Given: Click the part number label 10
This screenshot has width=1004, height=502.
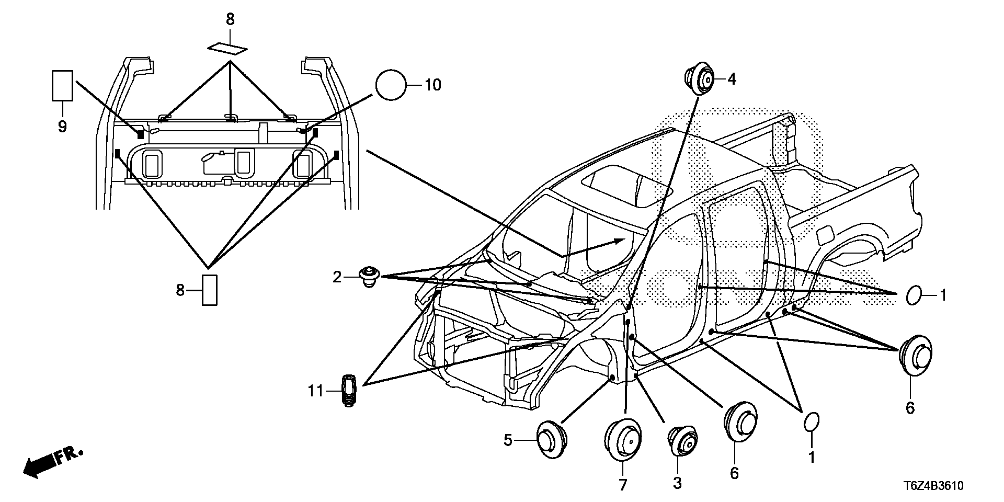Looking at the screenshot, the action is coord(432,85).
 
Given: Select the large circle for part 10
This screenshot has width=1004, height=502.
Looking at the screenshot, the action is coord(391,85).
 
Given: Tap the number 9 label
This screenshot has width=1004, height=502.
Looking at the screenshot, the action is coord(62,127).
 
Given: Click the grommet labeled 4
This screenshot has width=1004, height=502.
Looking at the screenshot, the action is coord(700,79).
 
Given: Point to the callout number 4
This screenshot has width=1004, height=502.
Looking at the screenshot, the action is coord(732,79).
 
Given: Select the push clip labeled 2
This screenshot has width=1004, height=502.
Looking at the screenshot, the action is coord(370,276).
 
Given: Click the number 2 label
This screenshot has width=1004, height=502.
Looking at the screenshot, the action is coord(337,277).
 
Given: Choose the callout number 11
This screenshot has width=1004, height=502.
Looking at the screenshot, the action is coord(315,391).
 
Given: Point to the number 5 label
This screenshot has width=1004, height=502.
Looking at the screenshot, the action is coord(508,441).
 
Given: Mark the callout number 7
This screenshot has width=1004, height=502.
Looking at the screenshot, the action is coord(623,485).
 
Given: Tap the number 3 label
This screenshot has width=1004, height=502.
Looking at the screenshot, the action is coord(677,483).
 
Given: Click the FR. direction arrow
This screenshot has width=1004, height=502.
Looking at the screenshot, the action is coord(52,461).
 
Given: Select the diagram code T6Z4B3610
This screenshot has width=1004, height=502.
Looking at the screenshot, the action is coord(929,486).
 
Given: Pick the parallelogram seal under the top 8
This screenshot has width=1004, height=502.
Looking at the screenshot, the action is coord(227,48).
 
